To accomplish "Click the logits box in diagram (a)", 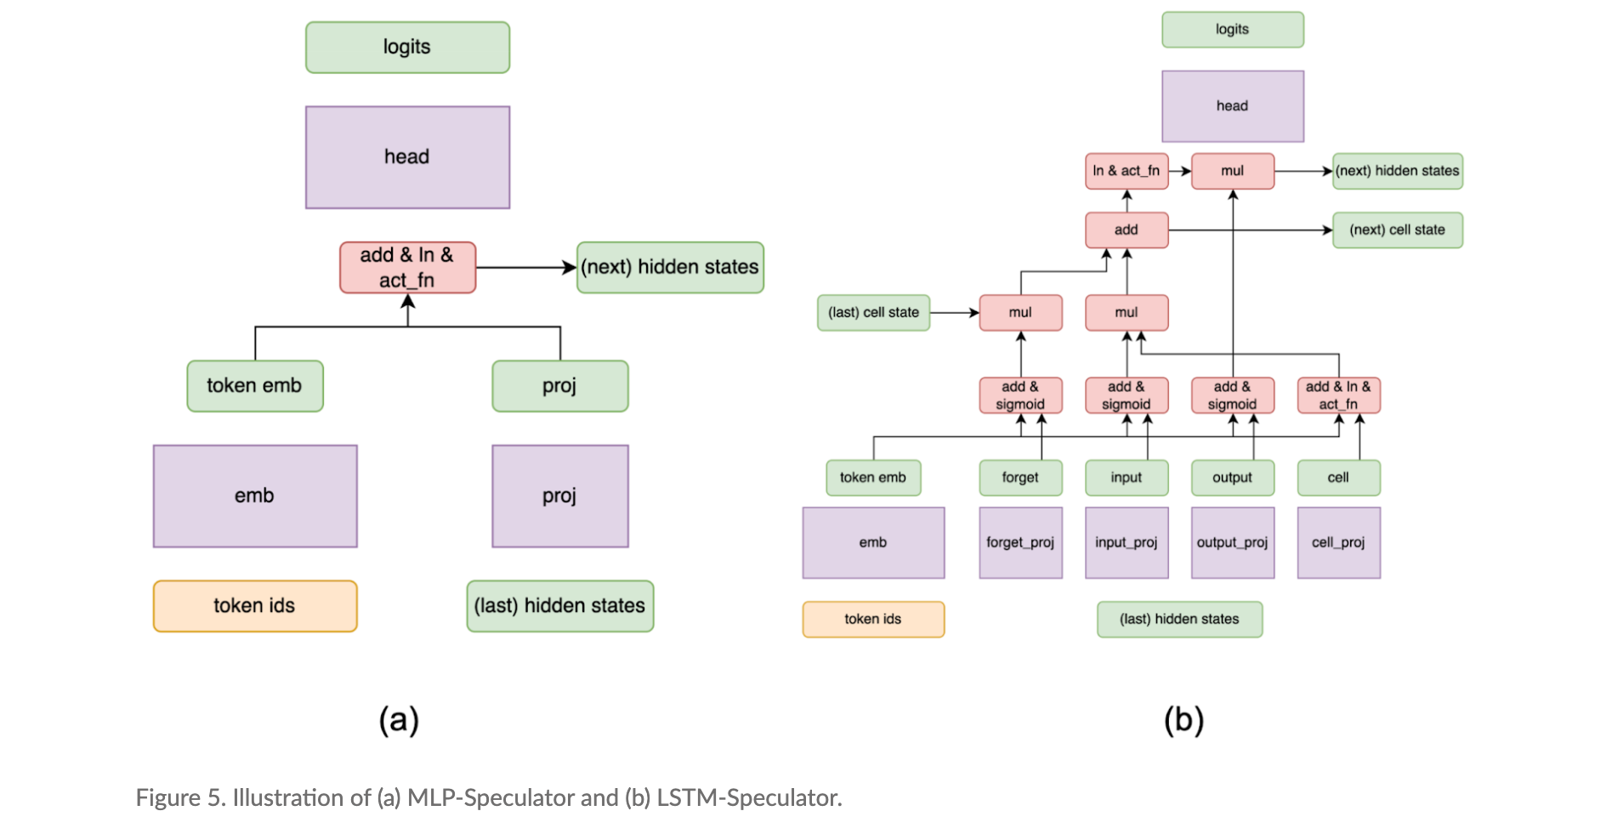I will tap(407, 48).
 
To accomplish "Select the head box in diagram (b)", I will tap(1232, 106).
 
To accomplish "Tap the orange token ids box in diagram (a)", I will tap(254, 606).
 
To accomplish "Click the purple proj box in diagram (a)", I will tap(559, 496).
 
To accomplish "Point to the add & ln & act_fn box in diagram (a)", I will tap(407, 268).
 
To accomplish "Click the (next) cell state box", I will tap(1397, 230).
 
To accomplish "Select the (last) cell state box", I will tap(873, 313).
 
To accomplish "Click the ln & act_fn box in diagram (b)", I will tap(1127, 171).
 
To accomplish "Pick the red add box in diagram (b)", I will tap(1127, 230).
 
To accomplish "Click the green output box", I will tap(1232, 478).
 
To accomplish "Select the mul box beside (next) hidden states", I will tap(1232, 171).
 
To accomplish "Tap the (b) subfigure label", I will tap(1183, 720).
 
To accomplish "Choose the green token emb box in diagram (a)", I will tap(254, 386).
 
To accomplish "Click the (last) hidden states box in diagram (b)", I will tap(1179, 620).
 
